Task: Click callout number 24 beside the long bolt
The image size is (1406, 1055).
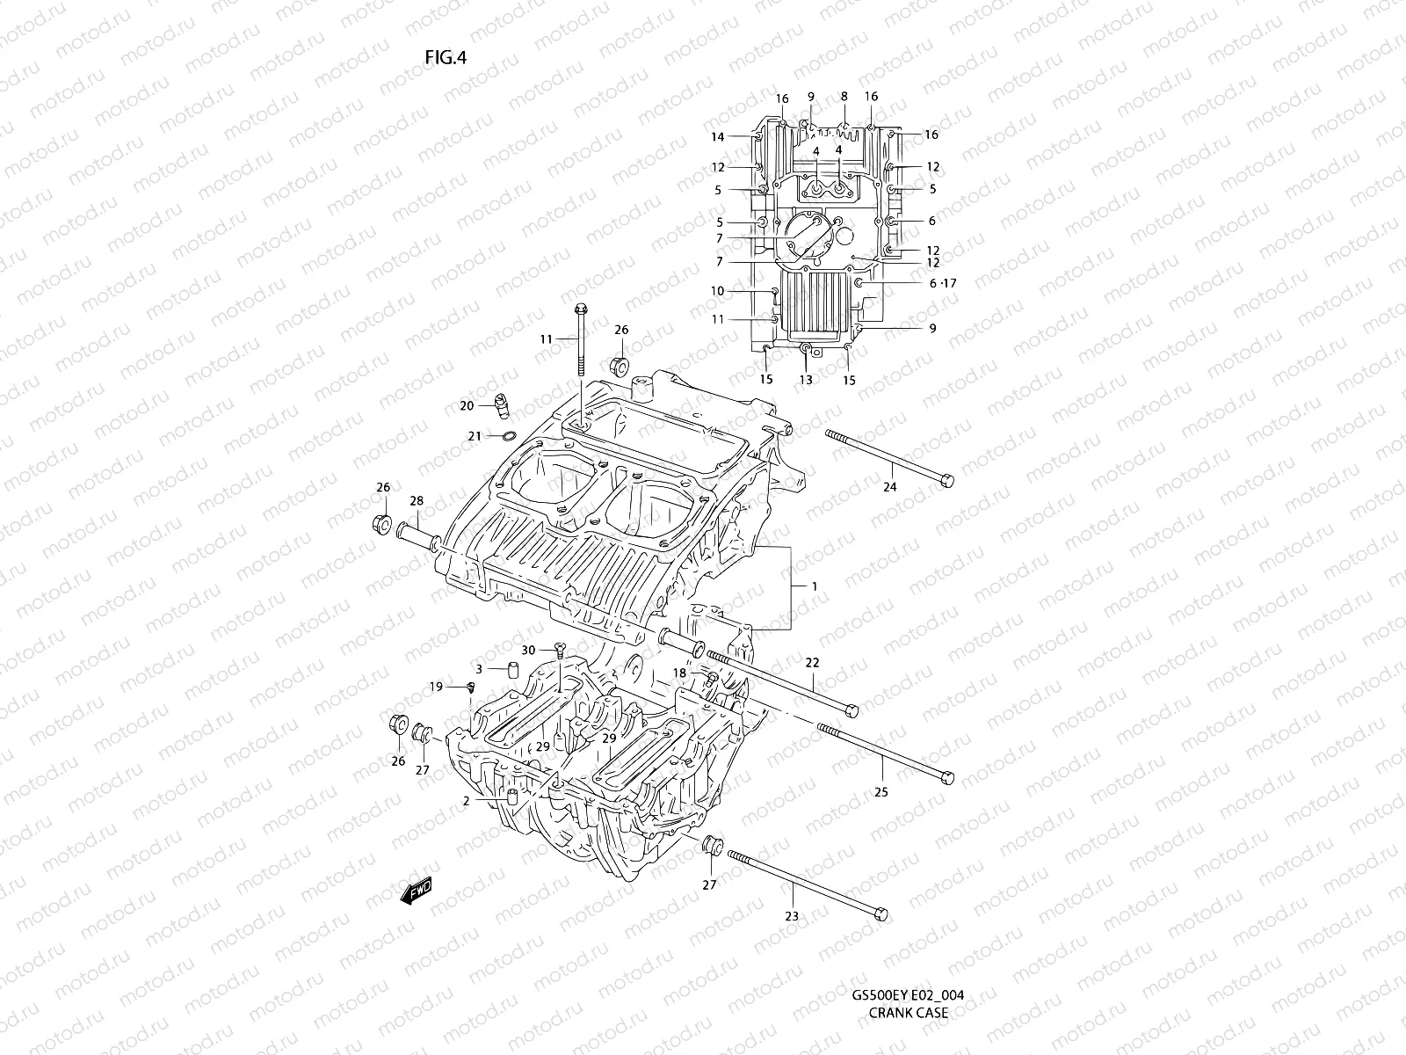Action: point(889,486)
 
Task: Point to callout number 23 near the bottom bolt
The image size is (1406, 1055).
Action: point(792,915)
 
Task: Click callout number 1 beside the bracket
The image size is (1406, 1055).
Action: point(815,586)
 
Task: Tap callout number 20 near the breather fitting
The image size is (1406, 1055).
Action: point(467,405)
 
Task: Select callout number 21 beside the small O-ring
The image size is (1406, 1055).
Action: point(474,436)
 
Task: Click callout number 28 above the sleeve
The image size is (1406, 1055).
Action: point(417,501)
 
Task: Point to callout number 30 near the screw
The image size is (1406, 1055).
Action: point(528,650)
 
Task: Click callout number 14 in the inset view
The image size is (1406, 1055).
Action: point(718,136)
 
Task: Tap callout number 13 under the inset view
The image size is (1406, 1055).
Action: point(806,380)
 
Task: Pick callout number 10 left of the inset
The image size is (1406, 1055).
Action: point(718,291)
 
